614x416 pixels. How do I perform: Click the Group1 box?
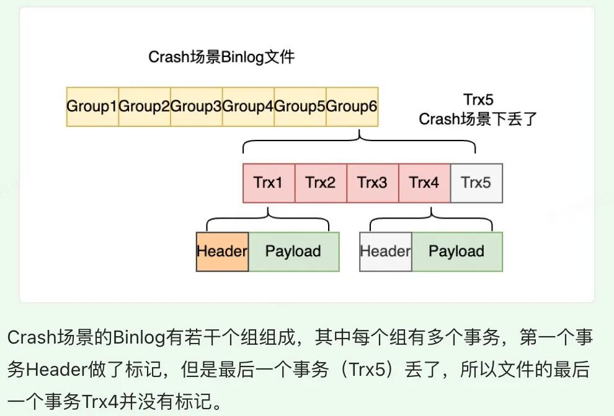pyautogui.click(x=92, y=106)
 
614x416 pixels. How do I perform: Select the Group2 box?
pyautogui.click(x=144, y=106)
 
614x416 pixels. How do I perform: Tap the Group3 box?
pyautogui.click(x=196, y=106)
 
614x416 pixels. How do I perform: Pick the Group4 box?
pyautogui.click(x=248, y=106)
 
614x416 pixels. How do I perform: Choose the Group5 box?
pyautogui.click(x=300, y=106)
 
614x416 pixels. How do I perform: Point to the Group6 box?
pyautogui.click(x=352, y=106)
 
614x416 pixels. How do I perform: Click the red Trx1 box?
pyautogui.click(x=269, y=183)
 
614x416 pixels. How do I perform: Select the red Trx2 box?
pyautogui.click(x=321, y=183)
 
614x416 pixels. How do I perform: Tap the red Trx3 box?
pyautogui.click(x=372, y=183)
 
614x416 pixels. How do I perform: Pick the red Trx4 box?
pyautogui.click(x=424, y=183)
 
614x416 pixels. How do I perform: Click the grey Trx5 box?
pyautogui.click(x=476, y=183)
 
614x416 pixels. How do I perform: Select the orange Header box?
pyautogui.click(x=222, y=251)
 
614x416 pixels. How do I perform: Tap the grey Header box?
pyautogui.click(x=385, y=251)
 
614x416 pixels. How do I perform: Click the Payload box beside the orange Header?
pyautogui.click(x=293, y=251)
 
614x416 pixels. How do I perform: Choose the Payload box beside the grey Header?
pyautogui.click(x=456, y=251)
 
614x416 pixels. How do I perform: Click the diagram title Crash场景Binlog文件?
pyautogui.click(x=221, y=58)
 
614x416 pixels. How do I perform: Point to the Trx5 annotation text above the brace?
pyautogui.click(x=478, y=100)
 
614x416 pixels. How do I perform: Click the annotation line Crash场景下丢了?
pyautogui.click(x=478, y=119)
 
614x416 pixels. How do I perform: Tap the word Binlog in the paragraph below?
pyautogui.click(x=138, y=337)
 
